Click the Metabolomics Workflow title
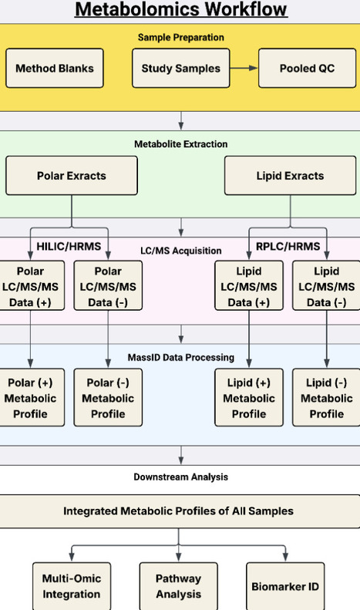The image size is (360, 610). pyautogui.click(x=180, y=10)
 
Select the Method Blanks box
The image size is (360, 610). pyautogui.click(x=54, y=68)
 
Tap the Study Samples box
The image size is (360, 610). pyautogui.click(x=180, y=68)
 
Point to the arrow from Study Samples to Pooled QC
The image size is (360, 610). pyautogui.click(x=244, y=68)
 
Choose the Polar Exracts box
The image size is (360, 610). pyautogui.click(x=72, y=175)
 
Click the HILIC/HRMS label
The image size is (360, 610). pyautogui.click(x=69, y=245)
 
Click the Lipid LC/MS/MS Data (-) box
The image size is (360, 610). pyautogui.click(x=326, y=287)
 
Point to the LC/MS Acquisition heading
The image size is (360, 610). pyautogui.click(x=180, y=251)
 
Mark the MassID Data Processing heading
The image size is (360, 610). pyautogui.click(x=180, y=357)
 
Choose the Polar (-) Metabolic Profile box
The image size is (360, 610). pyautogui.click(x=108, y=398)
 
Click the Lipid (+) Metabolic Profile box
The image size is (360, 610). pyautogui.click(x=249, y=398)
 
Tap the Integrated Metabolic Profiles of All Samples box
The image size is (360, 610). pyautogui.click(x=178, y=511)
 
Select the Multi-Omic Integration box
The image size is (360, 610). pyautogui.click(x=71, y=586)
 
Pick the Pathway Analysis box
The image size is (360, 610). pyautogui.click(x=178, y=586)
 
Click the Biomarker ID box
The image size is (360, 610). pyautogui.click(x=285, y=586)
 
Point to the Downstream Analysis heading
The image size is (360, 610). pyautogui.click(x=180, y=477)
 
